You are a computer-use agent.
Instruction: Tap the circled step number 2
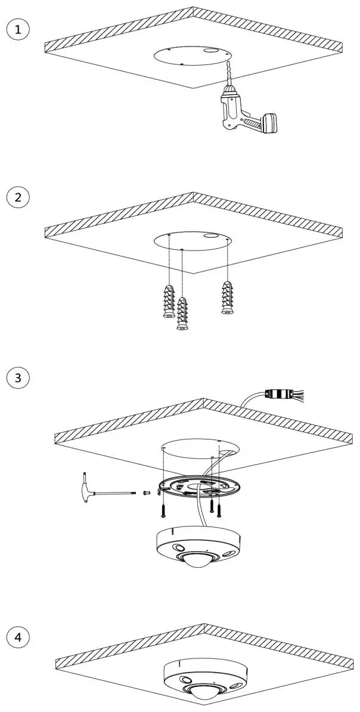click(18, 198)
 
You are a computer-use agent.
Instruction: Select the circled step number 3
click(18, 377)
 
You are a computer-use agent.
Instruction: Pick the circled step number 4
click(18, 637)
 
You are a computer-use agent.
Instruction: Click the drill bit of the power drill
click(226, 74)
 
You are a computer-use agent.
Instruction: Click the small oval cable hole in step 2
click(210, 236)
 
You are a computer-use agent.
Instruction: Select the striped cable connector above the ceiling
click(277, 394)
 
